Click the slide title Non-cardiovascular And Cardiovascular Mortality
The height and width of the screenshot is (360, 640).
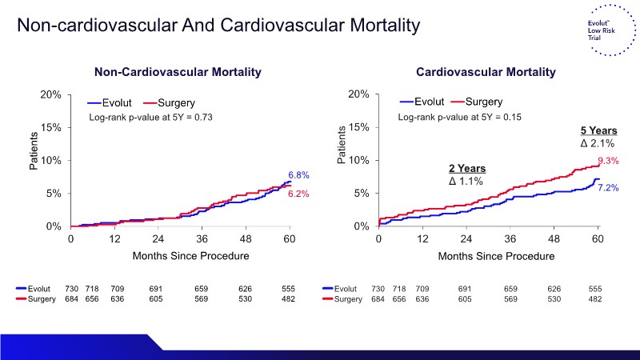click(x=218, y=26)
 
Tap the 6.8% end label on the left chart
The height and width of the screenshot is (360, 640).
click(x=298, y=174)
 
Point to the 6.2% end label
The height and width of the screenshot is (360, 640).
click(x=298, y=194)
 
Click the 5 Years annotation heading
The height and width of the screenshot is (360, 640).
click(x=598, y=130)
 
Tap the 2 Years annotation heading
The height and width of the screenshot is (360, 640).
click(x=466, y=169)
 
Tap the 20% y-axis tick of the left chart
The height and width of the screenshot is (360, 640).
click(x=51, y=94)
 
